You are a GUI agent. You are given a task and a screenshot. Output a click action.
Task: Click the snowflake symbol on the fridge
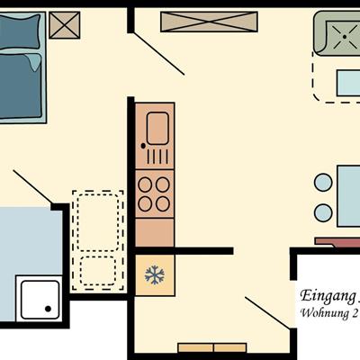[x=155, y=274]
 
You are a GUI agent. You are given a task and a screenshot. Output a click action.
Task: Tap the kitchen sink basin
[x=157, y=129]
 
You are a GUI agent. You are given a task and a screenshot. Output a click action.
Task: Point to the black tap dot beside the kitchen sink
[x=143, y=146]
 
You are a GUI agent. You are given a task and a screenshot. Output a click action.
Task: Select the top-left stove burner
[x=145, y=184]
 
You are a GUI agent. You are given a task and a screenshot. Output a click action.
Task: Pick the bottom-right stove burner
[x=163, y=204]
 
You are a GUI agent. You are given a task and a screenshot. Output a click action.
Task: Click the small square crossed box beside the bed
[x=65, y=25]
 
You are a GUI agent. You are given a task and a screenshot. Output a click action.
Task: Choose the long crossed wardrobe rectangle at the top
[x=209, y=22]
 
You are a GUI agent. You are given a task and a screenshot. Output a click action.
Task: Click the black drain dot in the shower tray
[x=48, y=309]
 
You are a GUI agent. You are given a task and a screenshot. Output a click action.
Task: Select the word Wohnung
[x=321, y=312]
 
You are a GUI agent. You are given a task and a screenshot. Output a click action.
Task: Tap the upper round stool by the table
[x=323, y=183]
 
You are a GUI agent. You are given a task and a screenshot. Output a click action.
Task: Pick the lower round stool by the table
[x=323, y=212]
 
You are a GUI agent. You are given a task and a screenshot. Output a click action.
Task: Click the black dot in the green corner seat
[x=345, y=37]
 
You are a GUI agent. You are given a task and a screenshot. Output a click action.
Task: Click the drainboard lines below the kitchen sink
[x=158, y=157]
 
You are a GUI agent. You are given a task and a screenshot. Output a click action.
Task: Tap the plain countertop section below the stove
[x=155, y=233]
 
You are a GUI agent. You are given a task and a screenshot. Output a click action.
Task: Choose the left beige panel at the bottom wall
[x=195, y=348]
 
